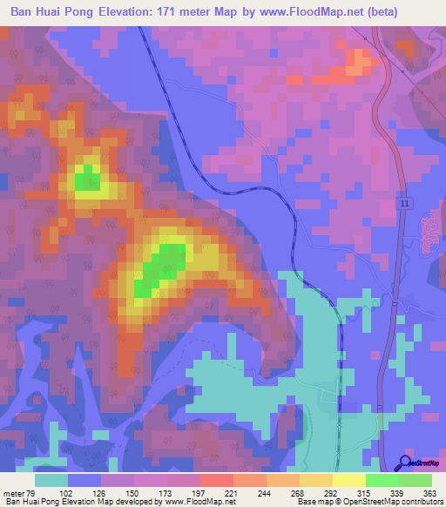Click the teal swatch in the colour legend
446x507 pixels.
coord(51,480)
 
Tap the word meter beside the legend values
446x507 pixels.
coord(13,492)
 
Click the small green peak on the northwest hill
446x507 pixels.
coord(84,180)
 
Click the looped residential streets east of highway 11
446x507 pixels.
coord(426,231)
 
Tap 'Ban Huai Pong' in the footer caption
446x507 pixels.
coord(31,502)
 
